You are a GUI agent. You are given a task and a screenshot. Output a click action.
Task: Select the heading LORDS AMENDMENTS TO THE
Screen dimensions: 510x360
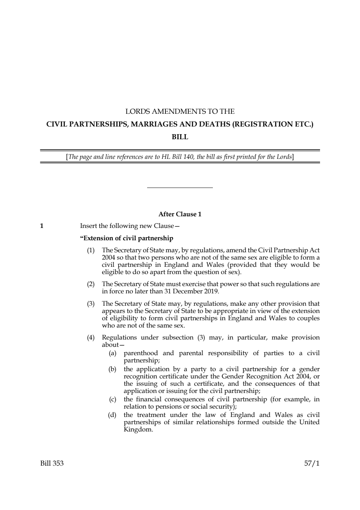180,111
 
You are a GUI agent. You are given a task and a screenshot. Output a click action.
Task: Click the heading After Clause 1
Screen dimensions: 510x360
180,214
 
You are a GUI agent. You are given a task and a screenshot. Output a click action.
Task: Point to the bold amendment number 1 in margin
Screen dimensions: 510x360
42,226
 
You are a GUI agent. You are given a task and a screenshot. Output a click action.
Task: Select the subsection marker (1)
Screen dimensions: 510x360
90,250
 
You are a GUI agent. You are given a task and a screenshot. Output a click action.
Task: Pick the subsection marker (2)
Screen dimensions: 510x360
90,284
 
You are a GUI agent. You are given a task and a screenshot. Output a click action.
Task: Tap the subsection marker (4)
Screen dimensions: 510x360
90,337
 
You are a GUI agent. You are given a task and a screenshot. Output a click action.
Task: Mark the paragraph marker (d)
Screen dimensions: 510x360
112,415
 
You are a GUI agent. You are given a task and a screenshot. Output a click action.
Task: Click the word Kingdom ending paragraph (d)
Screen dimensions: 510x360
138,429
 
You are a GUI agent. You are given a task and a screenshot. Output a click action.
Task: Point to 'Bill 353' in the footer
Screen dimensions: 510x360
52,463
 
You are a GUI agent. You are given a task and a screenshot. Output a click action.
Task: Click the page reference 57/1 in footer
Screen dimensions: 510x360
312,463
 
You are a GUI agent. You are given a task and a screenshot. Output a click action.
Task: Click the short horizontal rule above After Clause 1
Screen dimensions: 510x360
180,188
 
